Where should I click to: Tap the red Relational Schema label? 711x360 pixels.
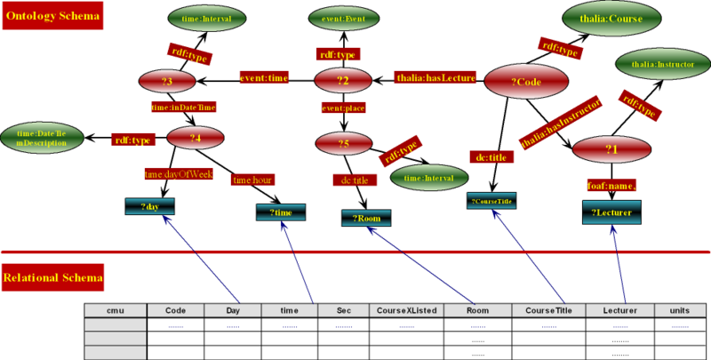pyautogui.click(x=53, y=278)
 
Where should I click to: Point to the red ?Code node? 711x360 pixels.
pyautogui.click(x=526, y=82)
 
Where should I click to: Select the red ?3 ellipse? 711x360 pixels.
pyautogui.click(x=167, y=83)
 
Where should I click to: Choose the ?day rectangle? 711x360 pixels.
pyautogui.click(x=149, y=207)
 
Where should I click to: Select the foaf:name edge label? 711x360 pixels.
pyautogui.click(x=611, y=185)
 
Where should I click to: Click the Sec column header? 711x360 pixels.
pyautogui.click(x=345, y=310)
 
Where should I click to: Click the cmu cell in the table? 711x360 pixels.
pyautogui.click(x=115, y=310)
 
